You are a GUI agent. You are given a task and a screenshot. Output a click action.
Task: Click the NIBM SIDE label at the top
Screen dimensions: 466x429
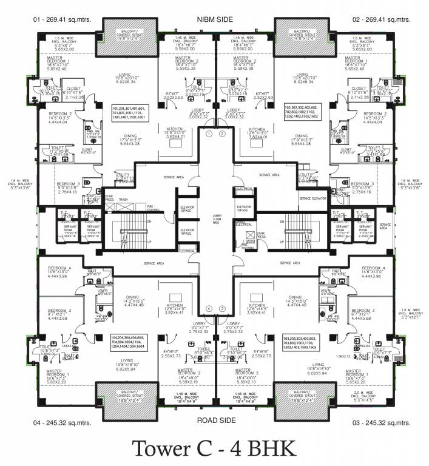click(x=215, y=19)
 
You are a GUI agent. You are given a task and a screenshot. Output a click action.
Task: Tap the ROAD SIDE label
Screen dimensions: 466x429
click(x=215, y=419)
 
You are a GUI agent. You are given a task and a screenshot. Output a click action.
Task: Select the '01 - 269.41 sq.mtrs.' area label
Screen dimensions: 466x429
click(x=62, y=19)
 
